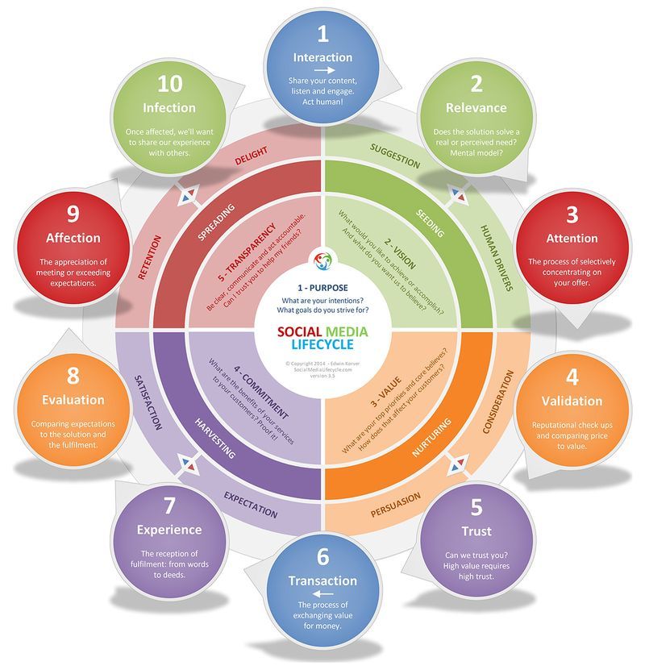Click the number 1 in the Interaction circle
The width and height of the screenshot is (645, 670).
pyautogui.click(x=322, y=33)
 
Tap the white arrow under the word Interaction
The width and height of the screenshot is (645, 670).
pyautogui.click(x=322, y=71)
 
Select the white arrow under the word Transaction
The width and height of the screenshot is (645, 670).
pyautogui.click(x=322, y=594)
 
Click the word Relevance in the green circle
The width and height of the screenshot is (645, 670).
pyautogui.click(x=476, y=107)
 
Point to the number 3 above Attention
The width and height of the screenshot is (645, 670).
pyautogui.click(x=572, y=214)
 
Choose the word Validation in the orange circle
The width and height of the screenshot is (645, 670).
pyautogui.click(x=572, y=401)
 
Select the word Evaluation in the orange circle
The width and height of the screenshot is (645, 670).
pyautogui.click(x=74, y=399)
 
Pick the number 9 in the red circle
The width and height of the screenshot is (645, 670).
pyautogui.click(x=73, y=214)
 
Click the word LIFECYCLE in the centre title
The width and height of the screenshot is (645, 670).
pyautogui.click(x=322, y=346)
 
